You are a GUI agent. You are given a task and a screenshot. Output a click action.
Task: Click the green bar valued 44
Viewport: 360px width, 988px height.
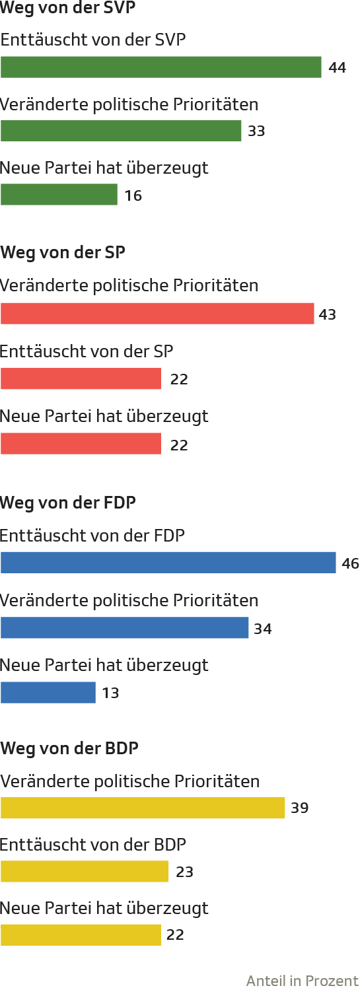[x=161, y=67]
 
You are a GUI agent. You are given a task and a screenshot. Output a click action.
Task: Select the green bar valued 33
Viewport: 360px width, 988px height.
[x=121, y=131]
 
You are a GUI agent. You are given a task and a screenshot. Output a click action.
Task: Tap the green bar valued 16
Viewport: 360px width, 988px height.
[x=59, y=195]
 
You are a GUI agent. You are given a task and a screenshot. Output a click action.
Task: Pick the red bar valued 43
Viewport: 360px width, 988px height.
[x=157, y=314]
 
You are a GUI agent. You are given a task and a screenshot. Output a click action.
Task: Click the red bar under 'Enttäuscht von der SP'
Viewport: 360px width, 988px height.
[x=81, y=378]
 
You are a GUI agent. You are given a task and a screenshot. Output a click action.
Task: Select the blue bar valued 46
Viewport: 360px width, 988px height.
[x=168, y=563]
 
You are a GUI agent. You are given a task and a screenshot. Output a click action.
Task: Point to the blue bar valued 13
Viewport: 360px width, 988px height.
[x=48, y=693]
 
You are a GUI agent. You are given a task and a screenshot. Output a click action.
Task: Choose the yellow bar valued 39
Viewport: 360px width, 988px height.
[x=143, y=808]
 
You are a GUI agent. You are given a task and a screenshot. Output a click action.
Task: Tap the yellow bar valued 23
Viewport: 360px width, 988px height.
[x=85, y=871]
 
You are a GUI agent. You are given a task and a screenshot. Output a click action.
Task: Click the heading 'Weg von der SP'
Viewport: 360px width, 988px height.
[x=63, y=253]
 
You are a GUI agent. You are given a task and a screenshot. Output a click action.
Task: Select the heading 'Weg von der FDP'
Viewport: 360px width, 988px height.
[x=68, y=503]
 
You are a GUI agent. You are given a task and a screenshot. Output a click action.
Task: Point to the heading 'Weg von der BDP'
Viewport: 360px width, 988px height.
[x=70, y=748]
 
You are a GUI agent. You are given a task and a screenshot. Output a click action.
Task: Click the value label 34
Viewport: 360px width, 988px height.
[x=263, y=629]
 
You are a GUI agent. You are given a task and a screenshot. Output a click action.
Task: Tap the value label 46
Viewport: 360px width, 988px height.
[x=350, y=563]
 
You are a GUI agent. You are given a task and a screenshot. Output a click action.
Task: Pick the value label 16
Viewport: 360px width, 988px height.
[x=133, y=195]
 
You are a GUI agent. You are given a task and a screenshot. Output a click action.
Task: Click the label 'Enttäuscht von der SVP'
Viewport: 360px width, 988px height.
[x=93, y=40]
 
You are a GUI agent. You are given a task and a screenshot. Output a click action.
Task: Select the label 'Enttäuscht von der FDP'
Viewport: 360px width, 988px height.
[x=92, y=536]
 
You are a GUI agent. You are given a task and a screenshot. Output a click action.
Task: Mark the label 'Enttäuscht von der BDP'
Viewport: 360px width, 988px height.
[x=92, y=845]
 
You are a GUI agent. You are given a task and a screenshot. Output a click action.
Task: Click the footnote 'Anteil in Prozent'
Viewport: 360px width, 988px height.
[x=303, y=980]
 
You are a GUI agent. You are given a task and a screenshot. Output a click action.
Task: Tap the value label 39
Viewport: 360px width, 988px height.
[x=299, y=808]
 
